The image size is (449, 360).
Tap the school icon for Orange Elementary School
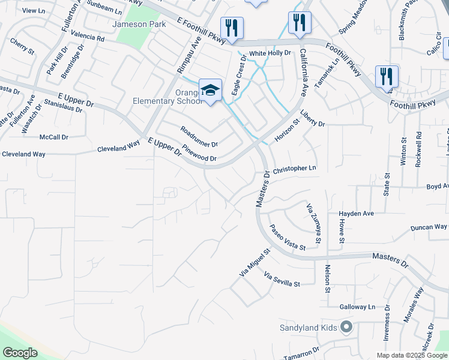[x=210, y=91]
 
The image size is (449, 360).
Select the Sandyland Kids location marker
[x=346, y=327]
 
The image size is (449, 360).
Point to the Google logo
[x=19, y=353]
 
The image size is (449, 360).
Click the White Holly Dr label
[x=270, y=53]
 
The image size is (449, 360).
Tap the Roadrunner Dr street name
[x=199, y=137]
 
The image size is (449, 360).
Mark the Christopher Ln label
[x=294, y=170]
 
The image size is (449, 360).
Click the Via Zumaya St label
[x=315, y=223]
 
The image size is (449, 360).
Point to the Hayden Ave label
[x=356, y=214]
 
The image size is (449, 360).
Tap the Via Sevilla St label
[x=282, y=279]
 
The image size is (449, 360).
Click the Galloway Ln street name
[x=357, y=307]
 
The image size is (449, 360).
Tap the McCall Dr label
[x=53, y=137]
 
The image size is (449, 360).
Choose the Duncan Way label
[x=429, y=227]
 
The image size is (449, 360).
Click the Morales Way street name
[x=414, y=305]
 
